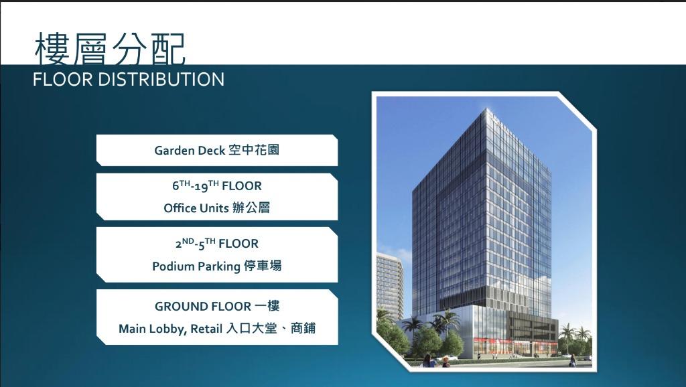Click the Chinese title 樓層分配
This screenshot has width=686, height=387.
tap(110, 48)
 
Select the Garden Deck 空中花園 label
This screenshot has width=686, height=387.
tap(216, 150)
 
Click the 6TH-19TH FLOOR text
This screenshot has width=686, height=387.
tap(216, 185)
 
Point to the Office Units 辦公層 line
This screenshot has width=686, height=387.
tap(216, 208)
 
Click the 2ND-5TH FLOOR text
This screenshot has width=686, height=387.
tap(216, 243)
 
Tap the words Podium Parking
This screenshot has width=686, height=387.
tap(196, 266)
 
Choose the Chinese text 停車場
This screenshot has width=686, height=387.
tap(263, 266)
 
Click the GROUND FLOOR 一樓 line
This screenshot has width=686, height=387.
tap(216, 306)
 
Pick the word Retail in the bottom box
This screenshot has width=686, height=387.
tap(207, 329)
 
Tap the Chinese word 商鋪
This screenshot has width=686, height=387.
tap(303, 329)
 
